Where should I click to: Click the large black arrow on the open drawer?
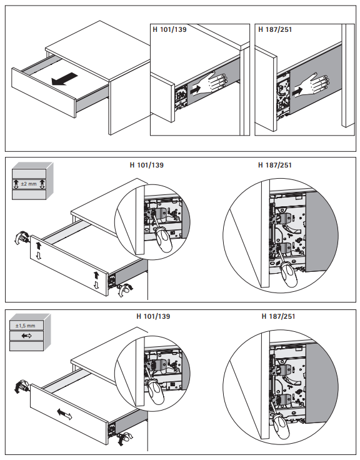coord(64,79)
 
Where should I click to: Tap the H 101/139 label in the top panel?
coord(169,29)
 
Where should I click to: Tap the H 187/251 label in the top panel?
coord(275,29)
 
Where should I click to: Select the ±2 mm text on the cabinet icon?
coord(29,184)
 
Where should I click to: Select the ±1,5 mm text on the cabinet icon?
coord(25,326)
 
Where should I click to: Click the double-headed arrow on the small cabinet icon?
coord(27,336)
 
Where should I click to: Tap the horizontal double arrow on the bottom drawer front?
coord(64,414)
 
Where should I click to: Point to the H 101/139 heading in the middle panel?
coord(147,165)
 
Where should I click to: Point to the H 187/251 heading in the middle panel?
coord(275,165)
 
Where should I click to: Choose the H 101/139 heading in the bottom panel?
coord(153,316)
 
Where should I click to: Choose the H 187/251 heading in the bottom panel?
coord(278,316)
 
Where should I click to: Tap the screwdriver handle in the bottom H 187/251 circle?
coord(282,426)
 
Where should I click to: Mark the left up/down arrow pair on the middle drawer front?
coord(38,251)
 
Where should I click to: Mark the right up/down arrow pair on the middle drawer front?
coord(96,280)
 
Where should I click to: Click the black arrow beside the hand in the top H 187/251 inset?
coord(297,91)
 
